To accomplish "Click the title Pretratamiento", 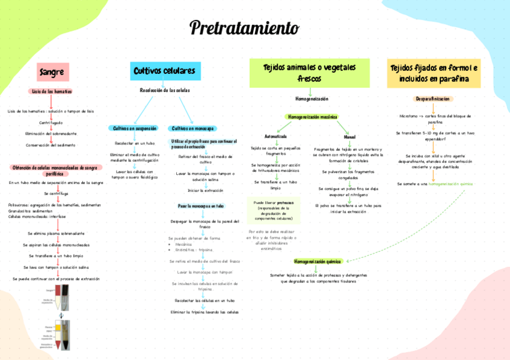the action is point(244,28).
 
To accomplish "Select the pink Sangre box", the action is point(52,72).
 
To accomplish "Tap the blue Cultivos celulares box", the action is point(164,72).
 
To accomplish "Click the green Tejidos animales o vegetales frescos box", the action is point(309,73).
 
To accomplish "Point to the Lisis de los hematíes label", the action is point(52,91).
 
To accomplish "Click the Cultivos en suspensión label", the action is point(135,128).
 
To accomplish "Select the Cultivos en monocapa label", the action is point(193,128).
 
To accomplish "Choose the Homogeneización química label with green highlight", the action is point(318,262).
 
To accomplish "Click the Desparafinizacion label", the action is point(432,99).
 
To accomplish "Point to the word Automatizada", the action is point(275,136).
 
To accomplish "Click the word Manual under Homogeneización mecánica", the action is point(349,137).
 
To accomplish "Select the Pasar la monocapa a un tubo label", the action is point(201,206).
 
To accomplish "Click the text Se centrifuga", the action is point(56,194).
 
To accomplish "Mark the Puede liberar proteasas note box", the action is point(273,210).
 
